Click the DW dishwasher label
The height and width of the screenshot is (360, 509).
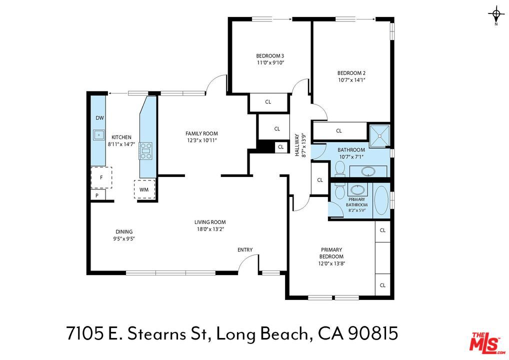point(99,118)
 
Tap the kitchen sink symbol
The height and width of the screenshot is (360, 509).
point(98,134)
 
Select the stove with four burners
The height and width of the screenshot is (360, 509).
point(146,151)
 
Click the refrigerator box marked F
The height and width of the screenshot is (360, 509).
point(101,177)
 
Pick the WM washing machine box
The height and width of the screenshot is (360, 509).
point(144,189)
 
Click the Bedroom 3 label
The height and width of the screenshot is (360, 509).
point(270,56)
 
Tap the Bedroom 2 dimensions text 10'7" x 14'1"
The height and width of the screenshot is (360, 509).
point(351,79)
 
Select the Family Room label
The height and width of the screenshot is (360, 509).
point(201,133)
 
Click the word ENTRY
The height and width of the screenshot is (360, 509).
point(245,249)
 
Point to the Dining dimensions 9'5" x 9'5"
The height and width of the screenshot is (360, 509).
point(124,238)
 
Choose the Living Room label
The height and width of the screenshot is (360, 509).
point(210,222)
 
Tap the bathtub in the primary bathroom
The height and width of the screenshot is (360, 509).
point(381,200)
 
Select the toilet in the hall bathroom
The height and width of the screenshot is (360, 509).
point(340,169)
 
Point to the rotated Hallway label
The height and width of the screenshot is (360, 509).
point(300,146)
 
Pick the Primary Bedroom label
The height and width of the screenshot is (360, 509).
point(331,253)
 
